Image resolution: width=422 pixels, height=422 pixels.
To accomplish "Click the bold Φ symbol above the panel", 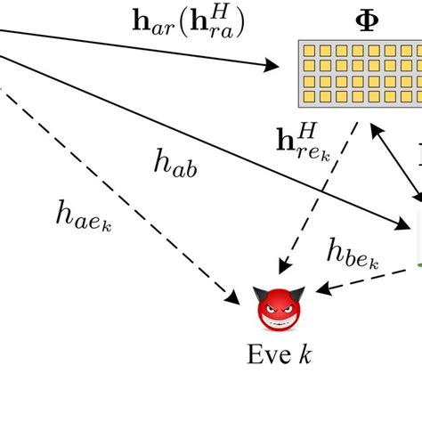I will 367,20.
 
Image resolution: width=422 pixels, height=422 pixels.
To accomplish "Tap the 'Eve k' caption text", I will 280,356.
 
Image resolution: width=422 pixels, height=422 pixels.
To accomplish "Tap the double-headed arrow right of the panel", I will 396,165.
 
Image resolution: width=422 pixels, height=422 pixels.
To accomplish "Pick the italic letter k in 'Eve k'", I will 305,356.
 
